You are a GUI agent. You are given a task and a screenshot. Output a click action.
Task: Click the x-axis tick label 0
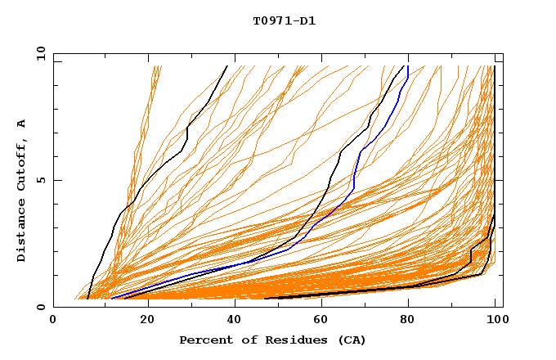pos(54,322)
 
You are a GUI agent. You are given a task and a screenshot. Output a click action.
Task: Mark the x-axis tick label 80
pos(408,322)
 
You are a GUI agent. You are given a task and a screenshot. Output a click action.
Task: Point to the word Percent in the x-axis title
pos(205,340)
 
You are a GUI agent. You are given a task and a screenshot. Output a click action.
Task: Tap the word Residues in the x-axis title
pos(289,340)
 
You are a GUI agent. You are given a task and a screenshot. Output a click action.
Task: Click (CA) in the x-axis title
pos(352,340)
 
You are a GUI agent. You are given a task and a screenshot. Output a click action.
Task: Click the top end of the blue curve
pos(407,65)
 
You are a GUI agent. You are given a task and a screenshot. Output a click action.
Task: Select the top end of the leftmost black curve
pos(227,65)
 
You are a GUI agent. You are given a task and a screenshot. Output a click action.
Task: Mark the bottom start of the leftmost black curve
pos(87,299)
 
